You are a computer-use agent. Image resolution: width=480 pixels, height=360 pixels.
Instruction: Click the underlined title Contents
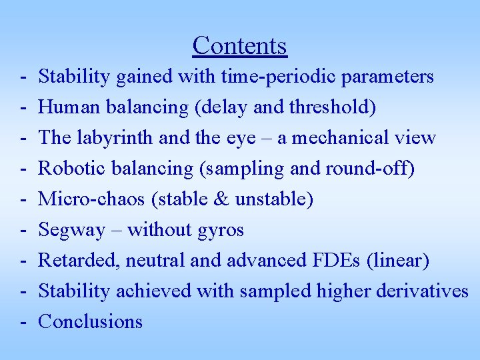click(239, 45)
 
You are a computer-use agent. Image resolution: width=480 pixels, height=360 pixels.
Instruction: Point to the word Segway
click(72, 230)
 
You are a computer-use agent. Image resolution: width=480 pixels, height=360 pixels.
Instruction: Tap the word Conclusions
click(91, 322)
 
